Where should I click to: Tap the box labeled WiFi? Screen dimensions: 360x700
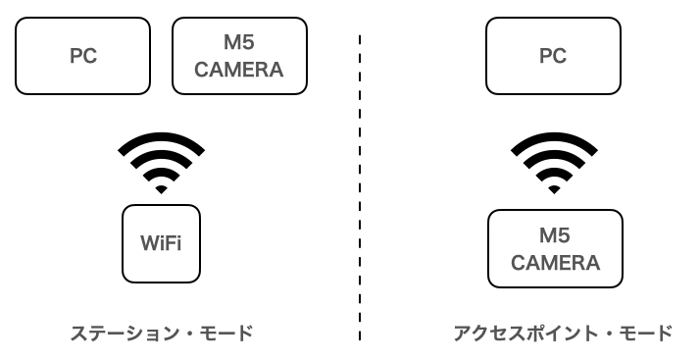click(x=161, y=241)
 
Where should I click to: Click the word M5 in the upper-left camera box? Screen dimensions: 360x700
click(x=239, y=45)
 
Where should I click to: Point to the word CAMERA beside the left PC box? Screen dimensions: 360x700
click(x=239, y=70)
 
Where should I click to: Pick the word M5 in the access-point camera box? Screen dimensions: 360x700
click(x=555, y=236)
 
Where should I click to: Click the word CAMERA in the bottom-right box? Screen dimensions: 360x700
click(x=555, y=262)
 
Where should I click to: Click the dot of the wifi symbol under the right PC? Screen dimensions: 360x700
click(x=554, y=187)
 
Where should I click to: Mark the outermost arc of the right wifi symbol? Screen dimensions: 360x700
click(x=554, y=140)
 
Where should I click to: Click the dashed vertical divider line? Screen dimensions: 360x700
click(x=360, y=186)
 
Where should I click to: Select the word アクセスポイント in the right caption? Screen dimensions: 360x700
click(x=518, y=334)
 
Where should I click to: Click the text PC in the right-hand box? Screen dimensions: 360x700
click(x=553, y=57)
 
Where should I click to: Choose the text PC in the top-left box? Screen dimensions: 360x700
click(x=82, y=57)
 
